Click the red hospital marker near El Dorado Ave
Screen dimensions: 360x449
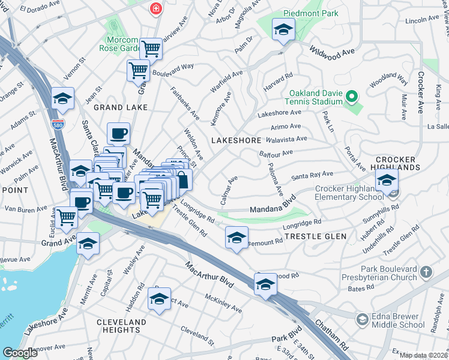(156, 8)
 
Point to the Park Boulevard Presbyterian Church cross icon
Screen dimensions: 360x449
(426, 272)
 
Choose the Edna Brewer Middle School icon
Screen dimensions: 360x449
(362, 318)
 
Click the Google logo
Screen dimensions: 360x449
(20, 352)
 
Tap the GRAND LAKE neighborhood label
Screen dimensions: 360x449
(121, 107)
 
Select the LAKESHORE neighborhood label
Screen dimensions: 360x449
(236, 140)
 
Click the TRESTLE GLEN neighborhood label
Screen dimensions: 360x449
(315, 236)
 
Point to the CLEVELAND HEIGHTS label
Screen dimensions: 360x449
(121, 326)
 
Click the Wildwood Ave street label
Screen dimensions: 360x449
(333, 55)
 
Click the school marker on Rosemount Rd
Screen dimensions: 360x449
(237, 237)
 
